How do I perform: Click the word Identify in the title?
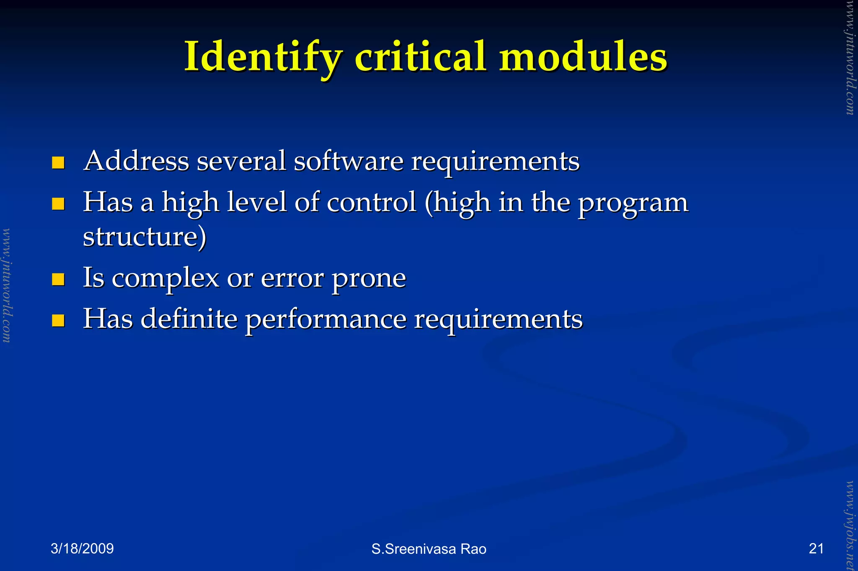pyautogui.click(x=263, y=57)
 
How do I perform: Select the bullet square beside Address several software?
pyautogui.click(x=58, y=162)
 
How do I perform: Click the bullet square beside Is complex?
pyautogui.click(x=58, y=279)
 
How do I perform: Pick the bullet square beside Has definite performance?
pyautogui.click(x=58, y=321)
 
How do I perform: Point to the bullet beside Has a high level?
pyautogui.click(x=58, y=204)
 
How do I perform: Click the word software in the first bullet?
pyautogui.click(x=349, y=161)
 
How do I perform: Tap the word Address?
pyautogui.click(x=136, y=161)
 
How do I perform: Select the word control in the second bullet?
pyautogui.click(x=371, y=202)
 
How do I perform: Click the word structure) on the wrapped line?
pyautogui.click(x=145, y=237)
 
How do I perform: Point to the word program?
pyautogui.click(x=633, y=204)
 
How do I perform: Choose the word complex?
pyautogui.click(x=165, y=278)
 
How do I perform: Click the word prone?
pyautogui.click(x=369, y=279)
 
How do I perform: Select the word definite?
pyautogui.click(x=189, y=319)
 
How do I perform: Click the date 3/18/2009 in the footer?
pyautogui.click(x=82, y=548)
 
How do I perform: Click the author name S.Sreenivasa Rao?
pyautogui.click(x=429, y=549)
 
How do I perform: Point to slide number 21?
pyautogui.click(x=816, y=548)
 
